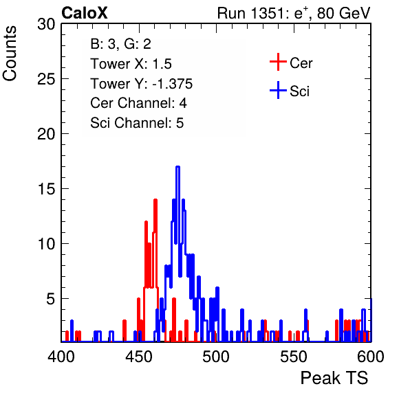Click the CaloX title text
[x=85, y=13]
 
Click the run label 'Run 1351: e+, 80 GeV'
[x=294, y=13]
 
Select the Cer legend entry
[x=291, y=63]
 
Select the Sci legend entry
[x=290, y=91]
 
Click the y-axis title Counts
[x=10, y=54]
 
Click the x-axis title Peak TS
[x=334, y=378]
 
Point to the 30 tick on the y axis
[x=47, y=24]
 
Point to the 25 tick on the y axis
[x=47, y=78]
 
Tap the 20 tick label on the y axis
[x=47, y=134]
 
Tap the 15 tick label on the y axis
[x=47, y=189]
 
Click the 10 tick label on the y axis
[x=47, y=244]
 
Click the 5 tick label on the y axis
[x=51, y=299]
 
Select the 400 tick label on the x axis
[x=61, y=357]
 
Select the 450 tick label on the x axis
[x=138, y=357]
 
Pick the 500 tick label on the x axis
[x=216, y=357]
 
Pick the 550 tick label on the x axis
[x=293, y=357]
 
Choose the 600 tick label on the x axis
[x=371, y=357]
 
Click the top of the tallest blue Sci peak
[x=177, y=166]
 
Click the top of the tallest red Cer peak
[x=155, y=200]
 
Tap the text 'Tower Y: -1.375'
[x=142, y=84]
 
